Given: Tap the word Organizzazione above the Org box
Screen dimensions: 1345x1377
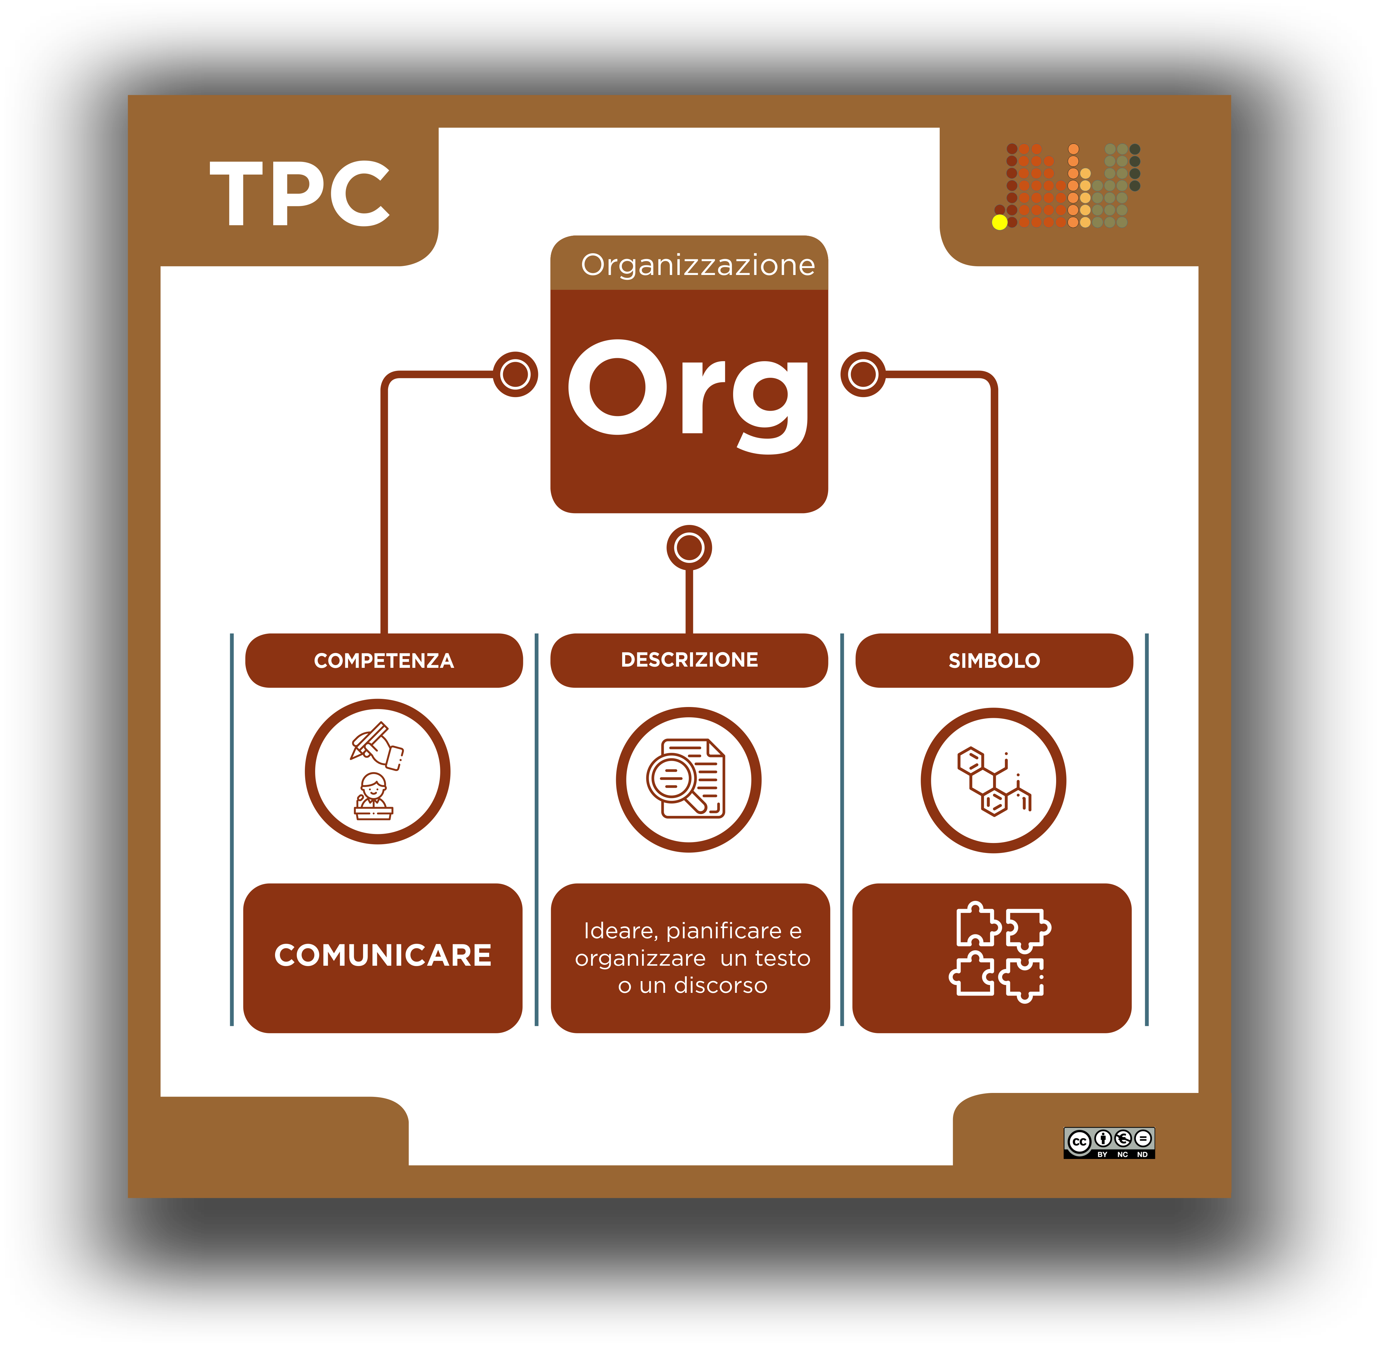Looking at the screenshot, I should [x=697, y=265].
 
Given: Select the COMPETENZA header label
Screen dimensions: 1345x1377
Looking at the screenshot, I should [x=384, y=661].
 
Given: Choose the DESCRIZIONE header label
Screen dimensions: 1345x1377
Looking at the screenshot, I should [x=689, y=660].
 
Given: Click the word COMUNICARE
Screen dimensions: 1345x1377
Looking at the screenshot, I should [x=382, y=955].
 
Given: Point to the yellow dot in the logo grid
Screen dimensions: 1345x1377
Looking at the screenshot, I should [x=999, y=223].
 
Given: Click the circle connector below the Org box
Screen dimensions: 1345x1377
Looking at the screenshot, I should [x=689, y=548].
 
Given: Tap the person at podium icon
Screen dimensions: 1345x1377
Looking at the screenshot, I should [x=373, y=797].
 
